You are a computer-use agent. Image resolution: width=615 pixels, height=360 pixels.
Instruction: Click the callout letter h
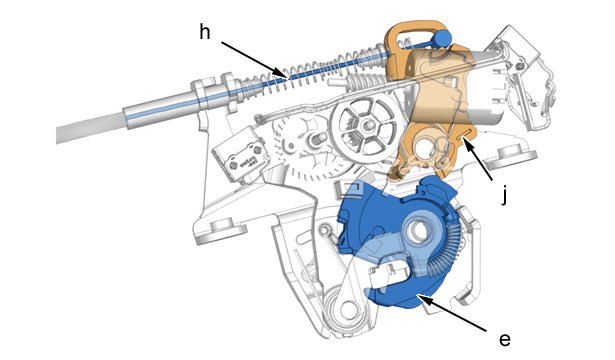coord(205,32)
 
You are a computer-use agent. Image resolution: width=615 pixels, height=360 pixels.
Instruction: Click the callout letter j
coord(505,195)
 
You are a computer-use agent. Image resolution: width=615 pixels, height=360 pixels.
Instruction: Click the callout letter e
coord(505,340)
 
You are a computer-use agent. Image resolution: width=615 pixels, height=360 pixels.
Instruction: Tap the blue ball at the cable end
coord(443,38)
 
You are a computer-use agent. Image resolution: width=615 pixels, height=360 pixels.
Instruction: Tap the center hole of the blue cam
coord(419,231)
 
